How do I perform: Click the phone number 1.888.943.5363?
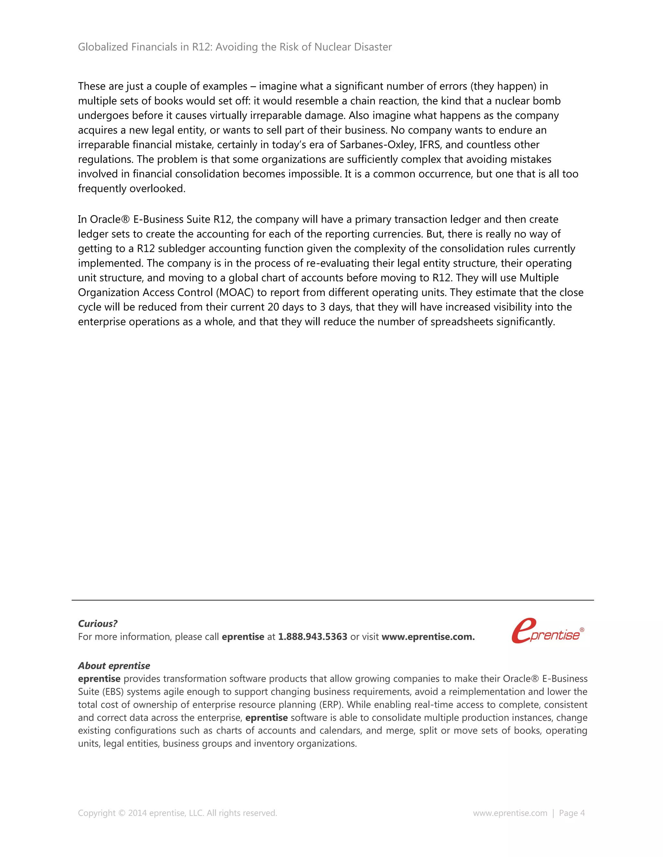(313, 636)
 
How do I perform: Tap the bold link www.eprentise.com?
(428, 636)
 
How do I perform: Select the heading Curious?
(97, 624)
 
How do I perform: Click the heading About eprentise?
(114, 666)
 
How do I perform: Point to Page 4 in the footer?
(571, 813)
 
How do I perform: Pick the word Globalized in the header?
(103, 47)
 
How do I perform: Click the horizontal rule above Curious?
(332, 600)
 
